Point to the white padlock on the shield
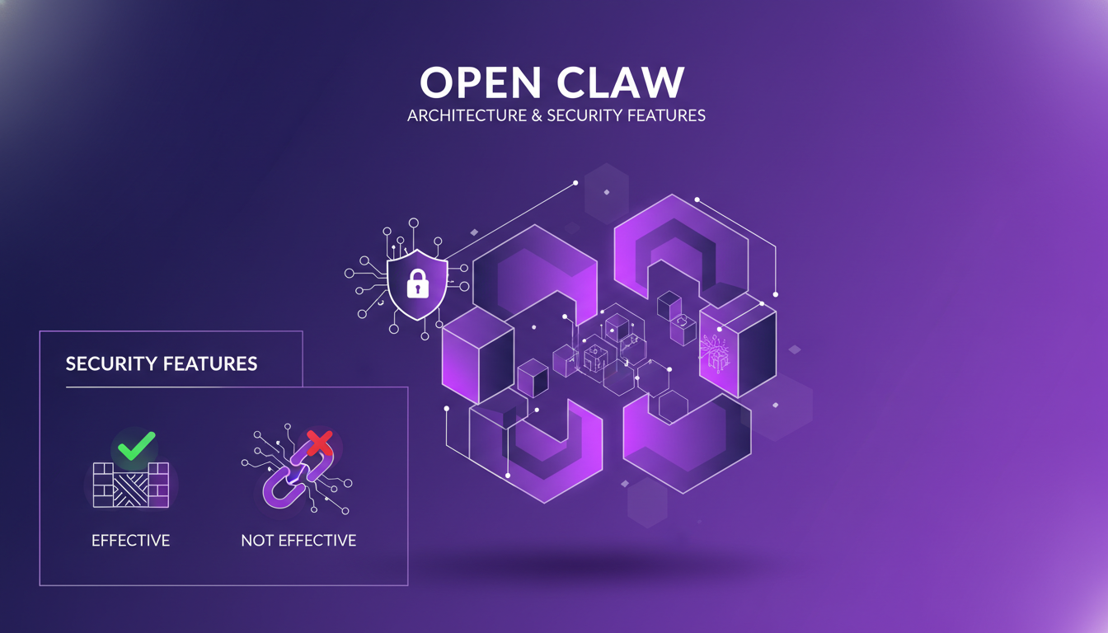click(418, 284)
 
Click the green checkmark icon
click(136, 446)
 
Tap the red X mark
click(318, 443)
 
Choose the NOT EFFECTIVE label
click(298, 541)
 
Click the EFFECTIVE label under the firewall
click(130, 541)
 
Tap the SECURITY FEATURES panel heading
click(162, 363)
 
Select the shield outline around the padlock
click(391, 284)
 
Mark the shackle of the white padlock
click(418, 275)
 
